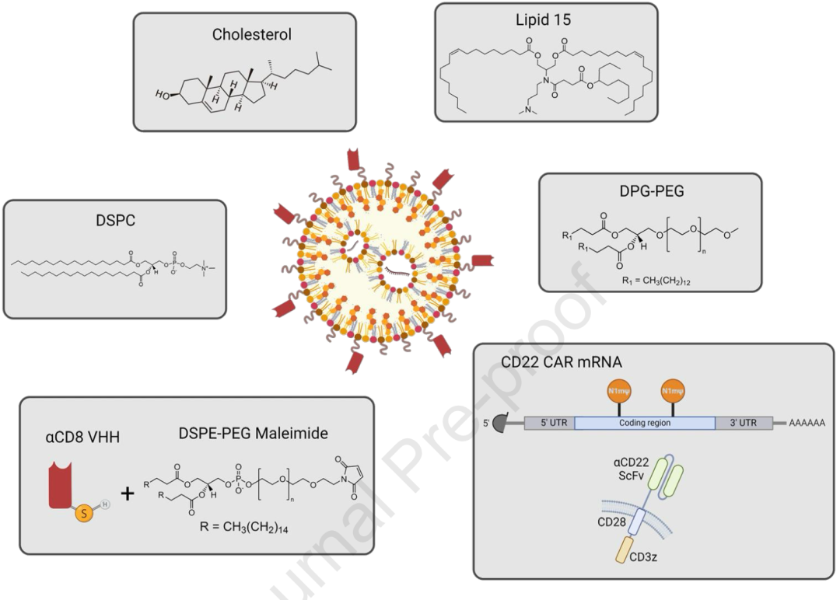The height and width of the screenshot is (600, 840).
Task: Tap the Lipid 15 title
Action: coord(543,20)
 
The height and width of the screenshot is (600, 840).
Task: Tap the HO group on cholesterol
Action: coord(162,96)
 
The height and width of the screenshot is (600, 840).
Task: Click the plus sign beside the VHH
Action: coord(127,492)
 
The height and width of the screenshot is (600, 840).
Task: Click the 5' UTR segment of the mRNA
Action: coord(548,423)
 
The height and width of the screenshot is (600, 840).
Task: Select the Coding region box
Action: coord(644,423)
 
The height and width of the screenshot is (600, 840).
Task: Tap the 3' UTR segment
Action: coord(744,423)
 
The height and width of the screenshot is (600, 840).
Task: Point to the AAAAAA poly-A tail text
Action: coord(807,424)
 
